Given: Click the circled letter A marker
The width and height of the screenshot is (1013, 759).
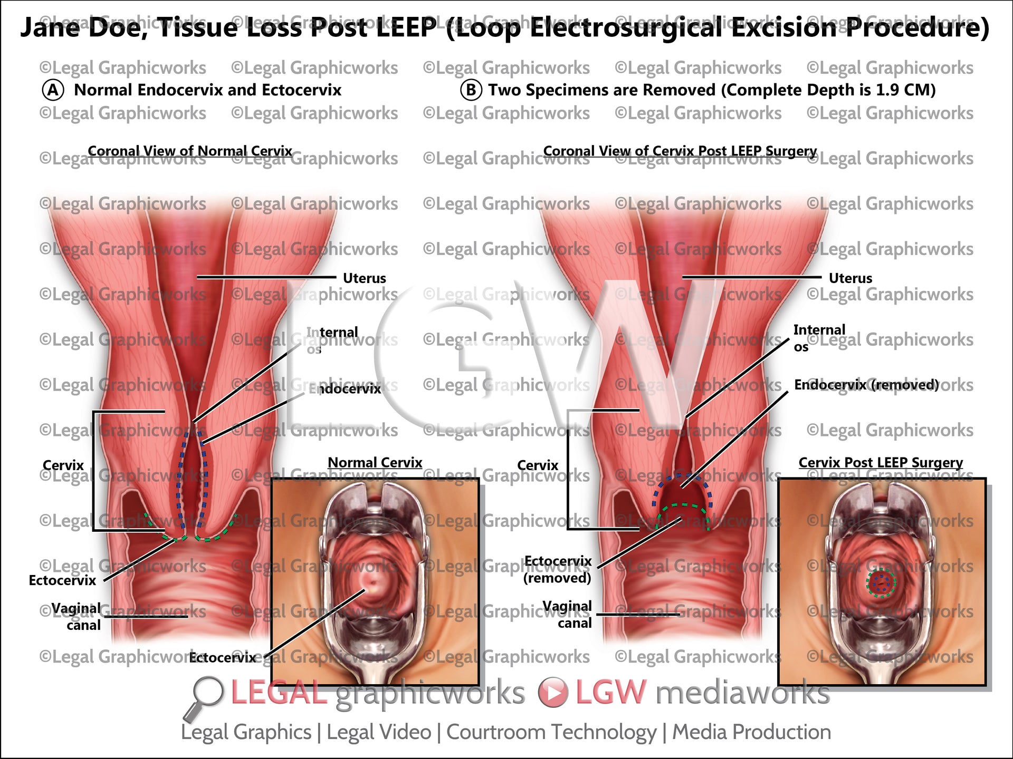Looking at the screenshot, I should click(53, 90).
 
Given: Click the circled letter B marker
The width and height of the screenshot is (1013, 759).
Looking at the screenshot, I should click(471, 90).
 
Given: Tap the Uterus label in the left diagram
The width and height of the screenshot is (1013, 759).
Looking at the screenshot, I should click(364, 278).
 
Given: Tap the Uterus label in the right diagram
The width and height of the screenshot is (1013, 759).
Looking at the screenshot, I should click(850, 278).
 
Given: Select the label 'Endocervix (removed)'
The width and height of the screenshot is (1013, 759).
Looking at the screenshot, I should click(866, 385).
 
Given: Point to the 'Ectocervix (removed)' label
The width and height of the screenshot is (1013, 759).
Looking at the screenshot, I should click(557, 569).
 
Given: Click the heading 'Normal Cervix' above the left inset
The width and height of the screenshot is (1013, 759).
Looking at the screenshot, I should click(375, 462).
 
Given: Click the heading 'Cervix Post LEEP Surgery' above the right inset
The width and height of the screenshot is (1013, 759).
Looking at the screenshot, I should click(880, 462).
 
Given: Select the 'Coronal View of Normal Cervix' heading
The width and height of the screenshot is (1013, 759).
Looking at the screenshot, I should click(190, 151).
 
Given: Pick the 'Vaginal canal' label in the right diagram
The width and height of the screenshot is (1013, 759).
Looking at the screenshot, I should click(568, 615).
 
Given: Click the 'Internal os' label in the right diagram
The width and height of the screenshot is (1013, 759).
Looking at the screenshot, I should click(818, 337).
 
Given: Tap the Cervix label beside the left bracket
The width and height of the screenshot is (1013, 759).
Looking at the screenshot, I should click(63, 465).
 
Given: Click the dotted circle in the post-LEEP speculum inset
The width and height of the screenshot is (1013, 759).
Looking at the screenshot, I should click(881, 582).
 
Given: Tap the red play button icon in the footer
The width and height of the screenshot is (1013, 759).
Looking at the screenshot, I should click(553, 693).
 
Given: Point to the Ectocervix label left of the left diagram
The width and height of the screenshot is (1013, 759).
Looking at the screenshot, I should click(62, 580).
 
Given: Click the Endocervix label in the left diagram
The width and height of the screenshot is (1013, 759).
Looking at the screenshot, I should click(345, 389).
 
